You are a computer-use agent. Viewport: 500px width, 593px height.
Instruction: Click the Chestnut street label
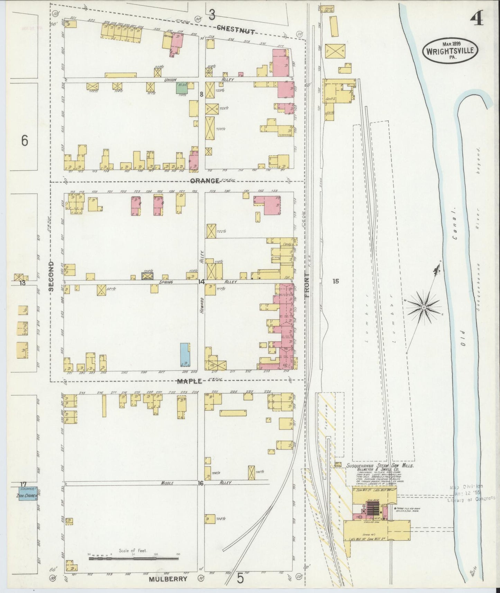tap(236, 30)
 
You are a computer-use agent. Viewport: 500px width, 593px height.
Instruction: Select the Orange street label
tap(205, 181)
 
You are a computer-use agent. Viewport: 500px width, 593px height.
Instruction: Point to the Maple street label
tap(189, 381)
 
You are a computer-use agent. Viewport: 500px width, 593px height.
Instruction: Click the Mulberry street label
tap(168, 579)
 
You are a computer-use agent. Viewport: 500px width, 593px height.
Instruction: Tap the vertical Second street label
tap(51, 275)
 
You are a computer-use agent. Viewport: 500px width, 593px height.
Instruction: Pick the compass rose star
tap(423, 307)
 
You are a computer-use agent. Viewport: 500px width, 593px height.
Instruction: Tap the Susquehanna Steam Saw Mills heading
tap(380, 466)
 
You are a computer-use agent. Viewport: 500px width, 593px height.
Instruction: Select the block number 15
tap(335, 282)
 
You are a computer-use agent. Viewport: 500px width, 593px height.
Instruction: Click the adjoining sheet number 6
tap(24, 141)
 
